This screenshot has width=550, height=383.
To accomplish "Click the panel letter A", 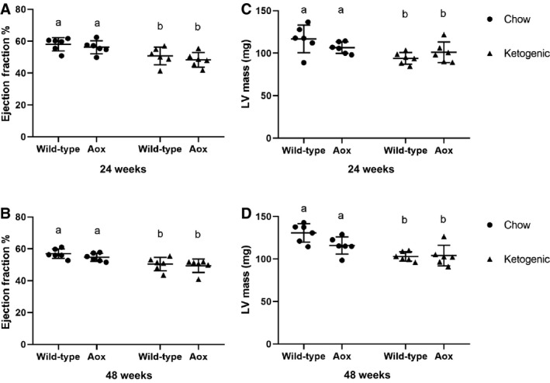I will pos(6,9).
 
